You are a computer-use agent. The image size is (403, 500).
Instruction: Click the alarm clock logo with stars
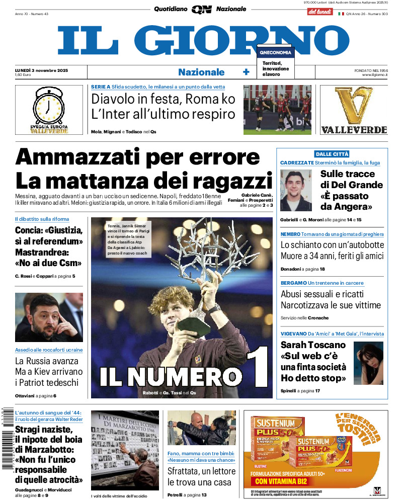(49, 106)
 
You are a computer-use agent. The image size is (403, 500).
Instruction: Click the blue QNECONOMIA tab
(275, 52)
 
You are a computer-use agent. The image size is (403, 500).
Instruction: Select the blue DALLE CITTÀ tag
(332, 154)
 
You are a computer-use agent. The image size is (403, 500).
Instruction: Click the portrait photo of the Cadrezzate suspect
(296, 190)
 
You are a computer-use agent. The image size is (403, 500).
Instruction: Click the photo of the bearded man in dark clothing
(49, 317)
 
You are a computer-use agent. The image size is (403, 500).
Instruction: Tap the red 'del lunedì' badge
(320, 11)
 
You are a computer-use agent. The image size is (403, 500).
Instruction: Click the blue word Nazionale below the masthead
(201, 72)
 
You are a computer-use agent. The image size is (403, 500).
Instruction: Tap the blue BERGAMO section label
(293, 283)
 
